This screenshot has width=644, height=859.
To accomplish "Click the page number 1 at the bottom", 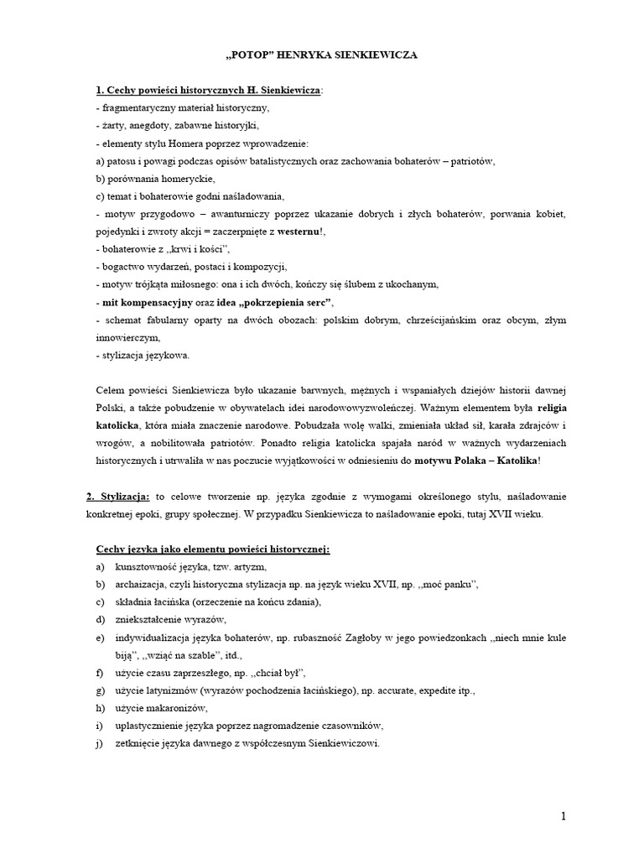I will [x=564, y=816].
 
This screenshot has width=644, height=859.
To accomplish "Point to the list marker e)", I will [x=99, y=638].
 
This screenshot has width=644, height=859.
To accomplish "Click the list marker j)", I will [x=99, y=744].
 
